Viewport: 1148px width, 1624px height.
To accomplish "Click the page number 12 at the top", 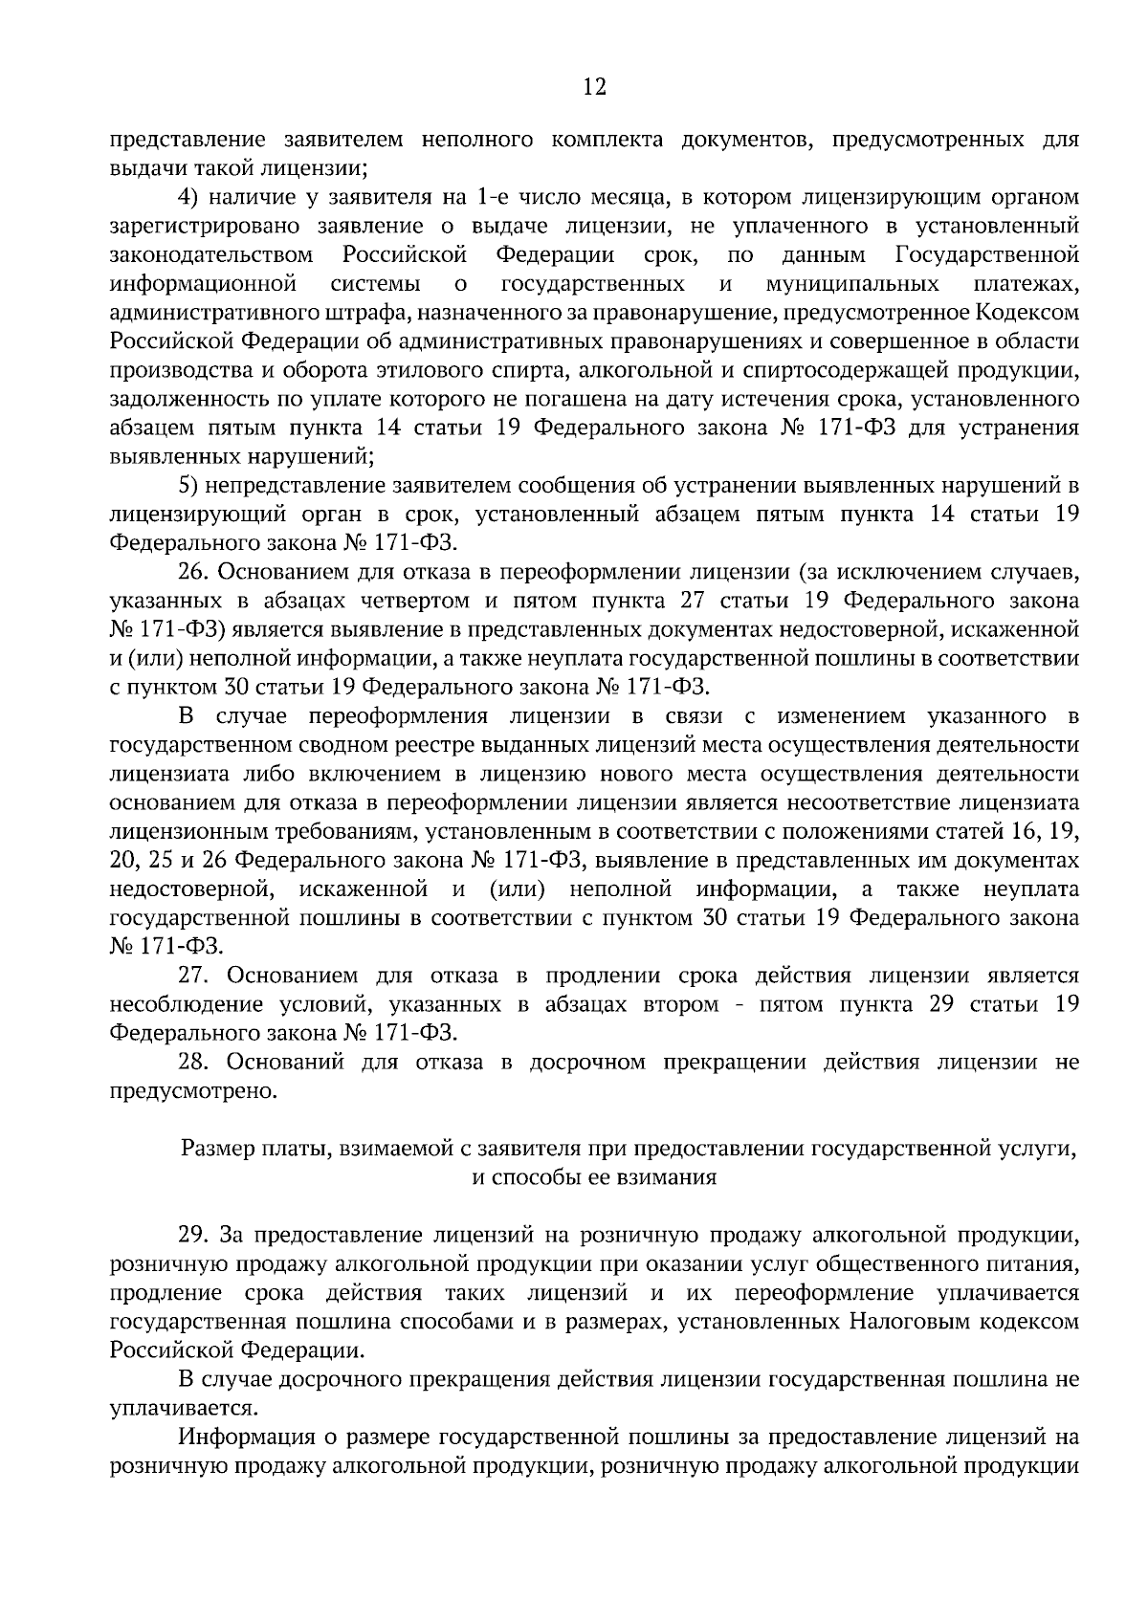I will coord(594,87).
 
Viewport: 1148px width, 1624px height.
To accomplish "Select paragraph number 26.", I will coord(191,572).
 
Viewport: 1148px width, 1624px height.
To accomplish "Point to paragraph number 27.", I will coord(191,976).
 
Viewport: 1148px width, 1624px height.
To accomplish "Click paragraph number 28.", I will coord(191,1062).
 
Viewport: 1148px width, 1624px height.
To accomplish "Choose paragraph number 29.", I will coord(191,1235).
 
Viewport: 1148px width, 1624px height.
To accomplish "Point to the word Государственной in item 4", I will coord(987,255).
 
